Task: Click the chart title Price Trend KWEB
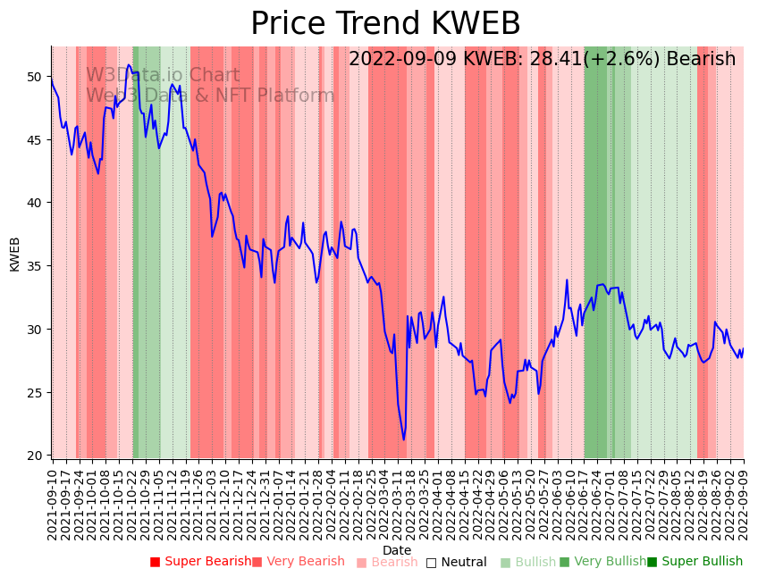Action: pos(385,24)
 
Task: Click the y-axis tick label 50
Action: pos(33,77)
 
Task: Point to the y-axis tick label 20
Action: pos(33,456)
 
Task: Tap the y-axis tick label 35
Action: pos(33,266)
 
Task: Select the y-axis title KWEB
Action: pos(14,253)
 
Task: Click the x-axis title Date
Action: pos(397,550)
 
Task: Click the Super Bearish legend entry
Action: pos(201,562)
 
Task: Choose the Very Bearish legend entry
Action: pos(298,562)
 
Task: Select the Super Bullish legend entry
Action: pos(695,562)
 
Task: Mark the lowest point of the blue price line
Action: pos(403,439)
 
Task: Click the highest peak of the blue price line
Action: pos(129,64)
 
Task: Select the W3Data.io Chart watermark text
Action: pos(163,76)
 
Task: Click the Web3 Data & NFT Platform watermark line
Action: pos(210,96)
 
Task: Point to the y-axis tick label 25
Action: pos(33,393)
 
